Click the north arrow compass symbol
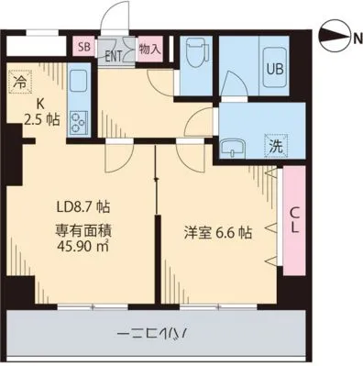(x=339, y=38)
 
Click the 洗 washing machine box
(x=274, y=145)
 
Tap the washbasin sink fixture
(x=236, y=145)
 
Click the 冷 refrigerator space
(x=18, y=82)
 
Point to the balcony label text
(x=153, y=335)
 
